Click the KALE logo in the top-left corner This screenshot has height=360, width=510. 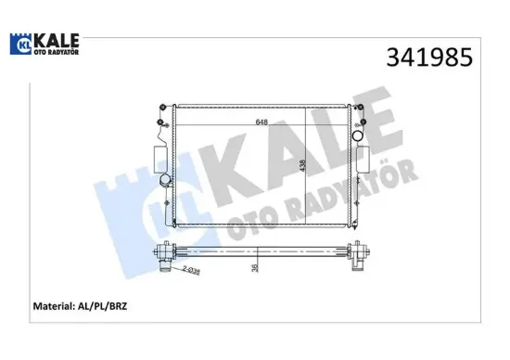pyautogui.click(x=44, y=44)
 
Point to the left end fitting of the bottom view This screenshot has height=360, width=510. pyautogui.click(x=168, y=252)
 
